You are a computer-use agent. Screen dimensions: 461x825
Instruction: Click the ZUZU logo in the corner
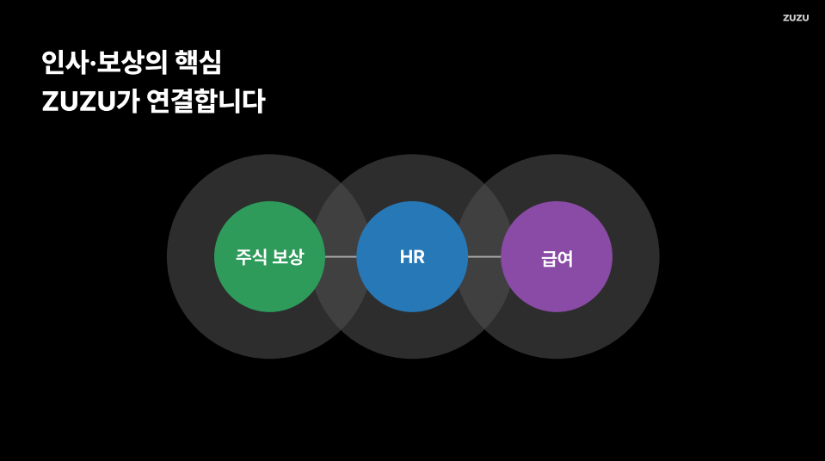(795, 18)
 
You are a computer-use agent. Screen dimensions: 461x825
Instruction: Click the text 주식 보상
(269, 257)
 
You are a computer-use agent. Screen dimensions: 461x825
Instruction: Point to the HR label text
(412, 257)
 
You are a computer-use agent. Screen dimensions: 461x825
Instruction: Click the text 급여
(557, 258)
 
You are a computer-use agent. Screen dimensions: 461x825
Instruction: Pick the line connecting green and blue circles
(341, 256)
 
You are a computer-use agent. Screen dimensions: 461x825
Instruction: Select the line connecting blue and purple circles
(484, 256)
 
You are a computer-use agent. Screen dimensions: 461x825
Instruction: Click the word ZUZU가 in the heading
(90, 101)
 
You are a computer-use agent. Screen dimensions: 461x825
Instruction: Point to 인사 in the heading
(65, 62)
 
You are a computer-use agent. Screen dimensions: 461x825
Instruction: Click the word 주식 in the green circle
(250, 257)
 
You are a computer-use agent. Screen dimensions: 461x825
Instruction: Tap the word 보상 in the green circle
(288, 257)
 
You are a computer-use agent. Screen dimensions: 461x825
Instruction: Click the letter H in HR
(405, 257)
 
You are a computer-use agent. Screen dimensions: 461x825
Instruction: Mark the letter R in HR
(419, 257)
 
